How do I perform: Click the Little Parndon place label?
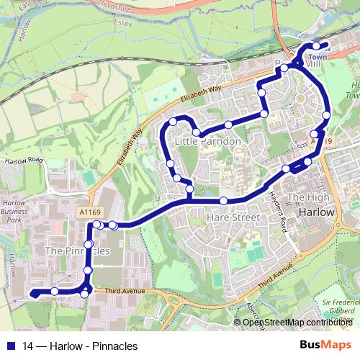click(207, 142)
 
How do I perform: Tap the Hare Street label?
click(232, 216)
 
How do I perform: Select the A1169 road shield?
click(86, 212)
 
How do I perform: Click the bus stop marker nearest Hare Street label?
click(224, 200)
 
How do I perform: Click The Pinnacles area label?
click(78, 251)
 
